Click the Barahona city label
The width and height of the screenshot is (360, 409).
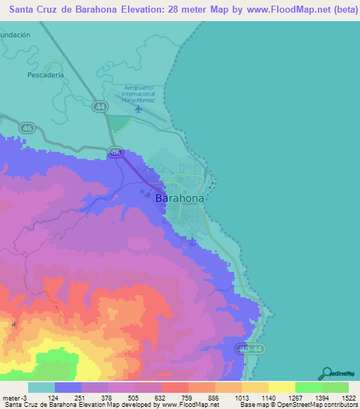pyautogui.click(x=179, y=199)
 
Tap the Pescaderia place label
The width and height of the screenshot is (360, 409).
pyautogui.click(x=46, y=74)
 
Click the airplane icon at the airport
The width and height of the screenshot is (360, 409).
pyautogui.click(x=138, y=109)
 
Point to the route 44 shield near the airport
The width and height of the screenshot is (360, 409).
pyautogui.click(x=101, y=107)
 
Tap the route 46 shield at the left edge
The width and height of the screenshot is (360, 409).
pyautogui.click(x=27, y=128)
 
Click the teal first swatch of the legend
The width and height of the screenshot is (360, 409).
pyautogui.click(x=41, y=387)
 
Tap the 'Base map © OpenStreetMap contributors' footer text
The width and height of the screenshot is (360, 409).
pyautogui.click(x=298, y=405)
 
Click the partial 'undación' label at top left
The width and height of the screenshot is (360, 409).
pyautogui.click(x=15, y=34)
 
